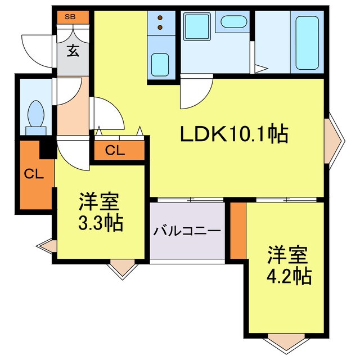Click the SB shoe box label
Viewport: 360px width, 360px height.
[70, 16]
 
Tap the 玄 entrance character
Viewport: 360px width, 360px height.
[73, 51]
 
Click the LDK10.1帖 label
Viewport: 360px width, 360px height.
[234, 134]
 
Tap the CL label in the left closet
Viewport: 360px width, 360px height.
[33, 174]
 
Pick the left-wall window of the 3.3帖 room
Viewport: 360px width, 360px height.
[47, 245]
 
